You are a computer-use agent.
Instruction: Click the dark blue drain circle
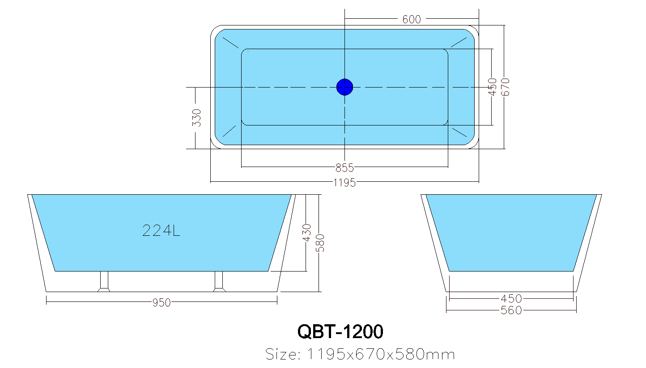point(344,87)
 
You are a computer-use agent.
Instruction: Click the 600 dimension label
point(412,19)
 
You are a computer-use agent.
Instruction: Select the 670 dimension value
point(506,87)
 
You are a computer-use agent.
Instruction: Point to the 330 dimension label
point(196,117)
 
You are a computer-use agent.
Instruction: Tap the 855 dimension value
point(344,168)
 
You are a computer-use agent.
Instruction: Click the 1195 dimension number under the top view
point(344,182)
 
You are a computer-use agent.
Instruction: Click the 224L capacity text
point(161,230)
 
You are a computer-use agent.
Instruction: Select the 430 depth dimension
point(307,233)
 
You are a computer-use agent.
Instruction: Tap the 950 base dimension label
point(161,303)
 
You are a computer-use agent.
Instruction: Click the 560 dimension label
point(511,310)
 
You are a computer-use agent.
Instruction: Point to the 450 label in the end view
point(511,298)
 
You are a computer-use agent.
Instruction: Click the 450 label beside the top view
point(493,87)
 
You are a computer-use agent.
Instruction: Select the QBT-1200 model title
point(340,332)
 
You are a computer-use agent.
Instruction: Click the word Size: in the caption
point(283,355)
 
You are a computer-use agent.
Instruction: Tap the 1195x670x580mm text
point(380,355)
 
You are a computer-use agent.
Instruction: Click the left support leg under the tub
point(104,281)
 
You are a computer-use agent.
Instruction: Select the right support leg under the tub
point(219,281)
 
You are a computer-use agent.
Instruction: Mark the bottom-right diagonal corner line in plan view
point(459,133)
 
